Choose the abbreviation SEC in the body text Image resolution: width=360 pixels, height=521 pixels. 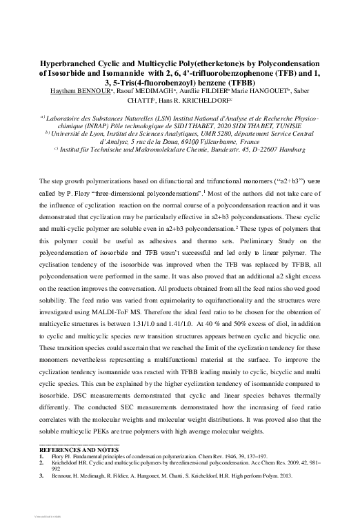point(120,411)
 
